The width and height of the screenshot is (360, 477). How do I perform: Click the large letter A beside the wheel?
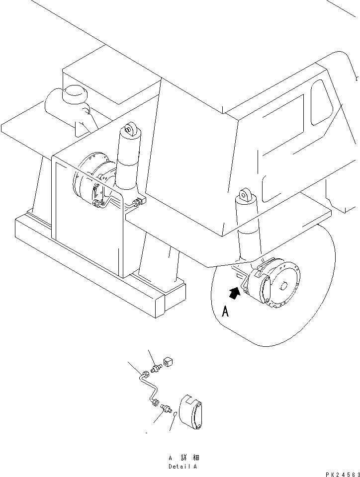[225, 312]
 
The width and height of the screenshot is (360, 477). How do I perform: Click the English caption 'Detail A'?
[182, 467]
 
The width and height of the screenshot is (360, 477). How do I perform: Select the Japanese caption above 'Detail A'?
[182, 458]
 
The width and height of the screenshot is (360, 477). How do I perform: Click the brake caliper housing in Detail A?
[191, 411]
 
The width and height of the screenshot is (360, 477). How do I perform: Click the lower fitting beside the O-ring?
[165, 408]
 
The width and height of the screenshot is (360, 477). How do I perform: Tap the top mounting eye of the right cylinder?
[244, 195]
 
